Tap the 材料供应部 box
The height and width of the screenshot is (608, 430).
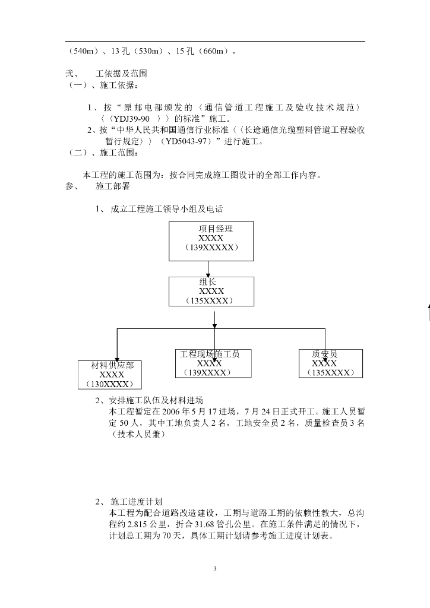112,374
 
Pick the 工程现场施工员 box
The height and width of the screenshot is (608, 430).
210,363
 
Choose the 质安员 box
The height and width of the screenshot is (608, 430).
330,363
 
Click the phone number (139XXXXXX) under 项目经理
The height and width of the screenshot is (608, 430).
211,248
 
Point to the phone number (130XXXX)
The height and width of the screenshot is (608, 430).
112,384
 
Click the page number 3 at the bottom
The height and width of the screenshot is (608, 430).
215,569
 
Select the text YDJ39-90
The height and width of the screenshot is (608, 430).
129,118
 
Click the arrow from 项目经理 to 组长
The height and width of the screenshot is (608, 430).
211,268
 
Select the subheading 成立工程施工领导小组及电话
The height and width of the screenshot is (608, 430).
166,209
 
